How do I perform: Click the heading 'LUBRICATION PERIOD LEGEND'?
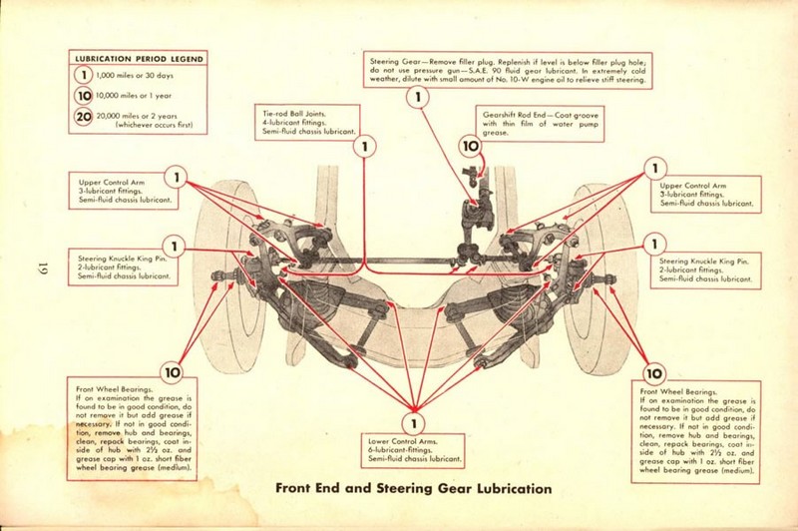139,59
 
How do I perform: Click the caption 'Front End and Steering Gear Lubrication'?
412,489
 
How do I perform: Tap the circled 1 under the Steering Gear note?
417,97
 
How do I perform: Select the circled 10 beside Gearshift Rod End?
471,147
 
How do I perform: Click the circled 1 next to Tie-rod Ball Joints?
365,147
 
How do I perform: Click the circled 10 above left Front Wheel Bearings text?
173,372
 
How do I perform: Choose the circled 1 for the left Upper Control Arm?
178,178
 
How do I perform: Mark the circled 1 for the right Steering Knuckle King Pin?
655,243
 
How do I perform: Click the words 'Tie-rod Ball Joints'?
282,113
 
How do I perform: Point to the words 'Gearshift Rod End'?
518,113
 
